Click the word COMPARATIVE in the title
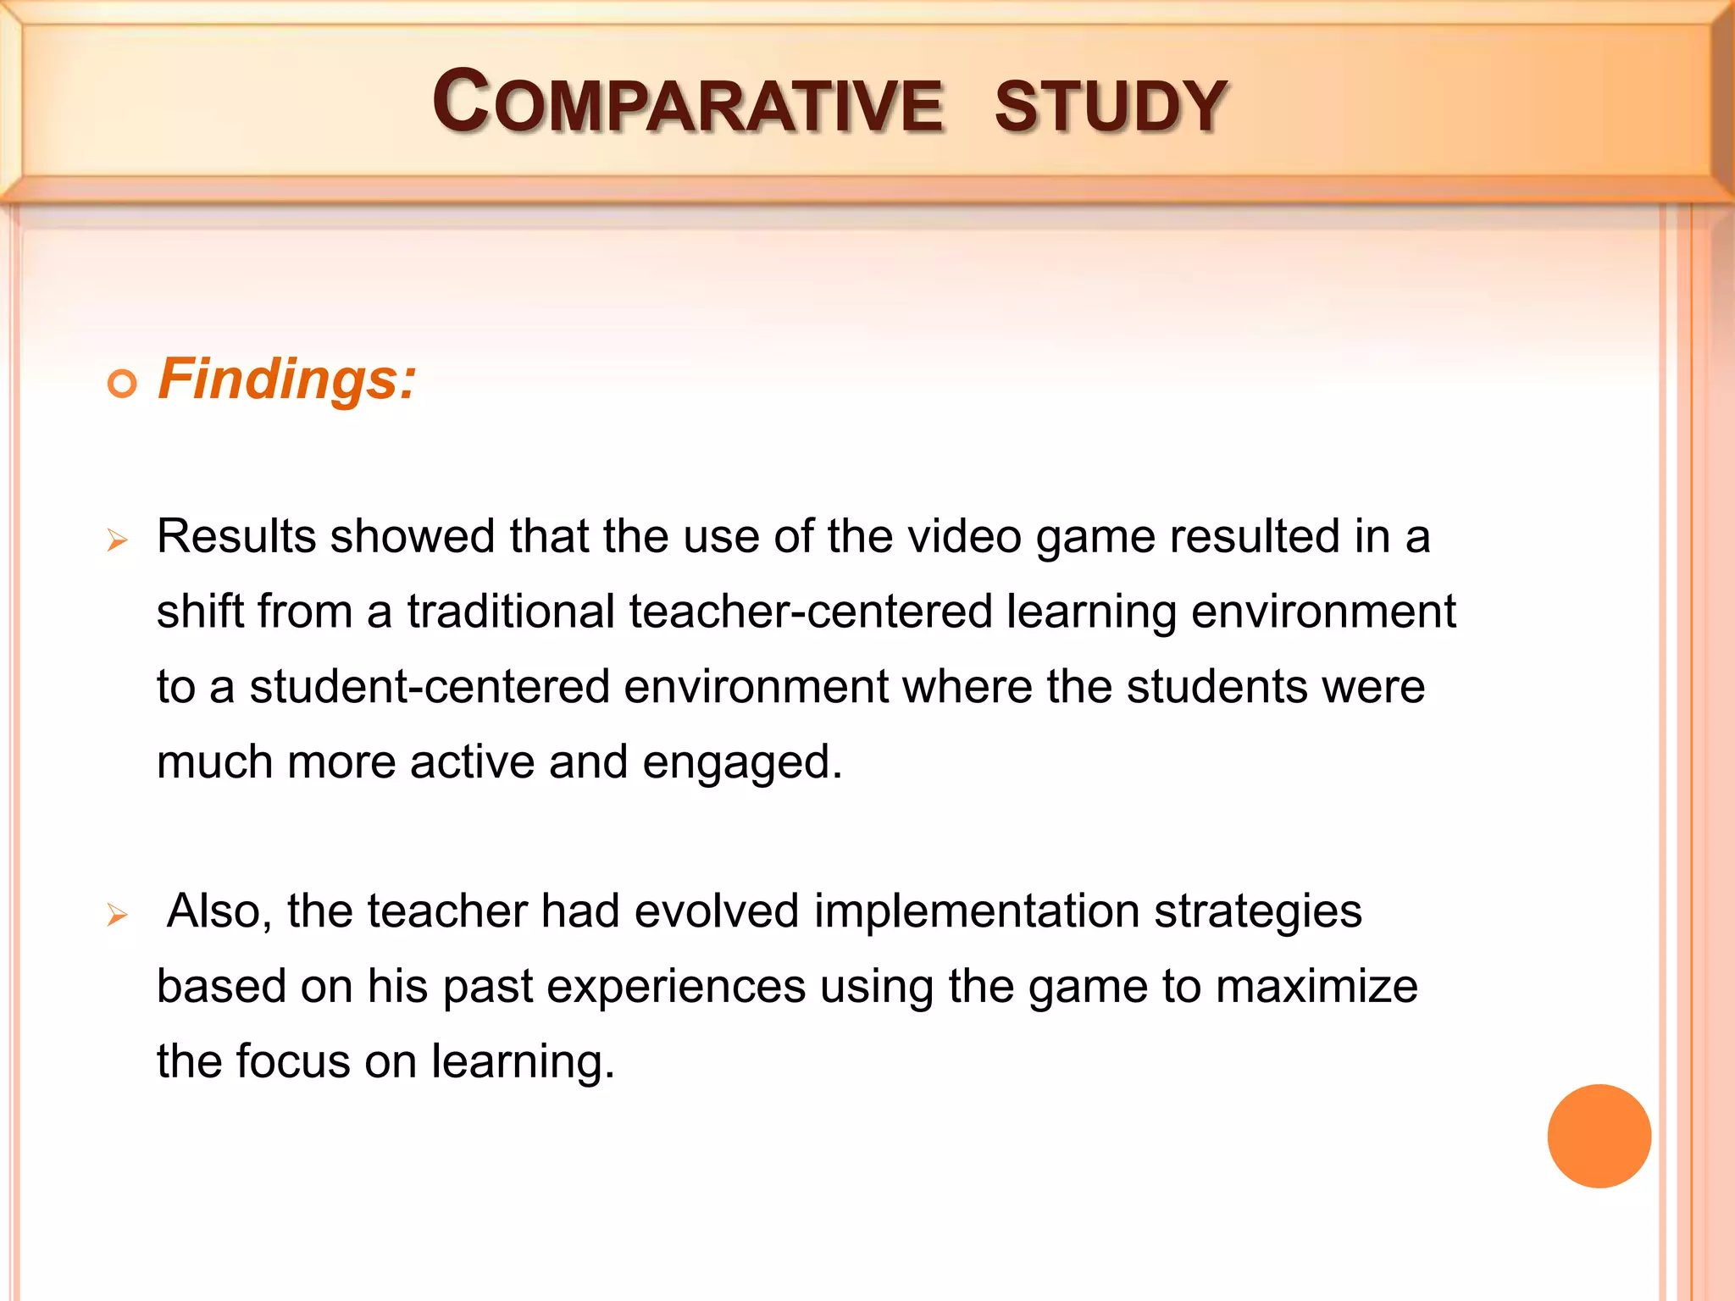coord(687,103)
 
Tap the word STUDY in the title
coord(1111,107)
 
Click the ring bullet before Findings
coord(123,385)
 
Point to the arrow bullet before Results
coord(118,540)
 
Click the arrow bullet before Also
coord(118,915)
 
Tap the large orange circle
coord(1599,1136)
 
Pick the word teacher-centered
coord(811,612)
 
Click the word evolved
coord(717,912)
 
